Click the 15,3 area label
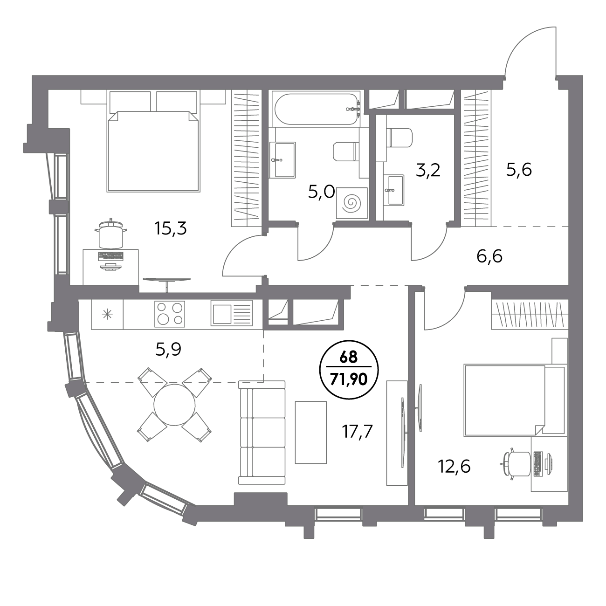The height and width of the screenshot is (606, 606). [x=171, y=228]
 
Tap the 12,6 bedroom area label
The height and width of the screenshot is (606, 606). [x=454, y=466]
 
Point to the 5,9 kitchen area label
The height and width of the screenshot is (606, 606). [x=168, y=349]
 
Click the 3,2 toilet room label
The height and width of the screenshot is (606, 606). [x=427, y=171]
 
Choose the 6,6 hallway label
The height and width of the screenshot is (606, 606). [x=489, y=256]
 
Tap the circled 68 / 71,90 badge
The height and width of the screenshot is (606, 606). [x=349, y=370]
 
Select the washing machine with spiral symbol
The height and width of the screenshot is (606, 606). [x=352, y=203]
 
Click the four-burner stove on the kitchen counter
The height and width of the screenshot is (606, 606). [x=170, y=314]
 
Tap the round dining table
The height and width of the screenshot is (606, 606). [x=174, y=405]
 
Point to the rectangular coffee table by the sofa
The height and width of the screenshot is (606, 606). [x=311, y=432]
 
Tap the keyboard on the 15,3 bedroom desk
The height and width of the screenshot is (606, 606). [x=110, y=256]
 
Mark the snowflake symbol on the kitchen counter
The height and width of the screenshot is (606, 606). [x=107, y=314]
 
